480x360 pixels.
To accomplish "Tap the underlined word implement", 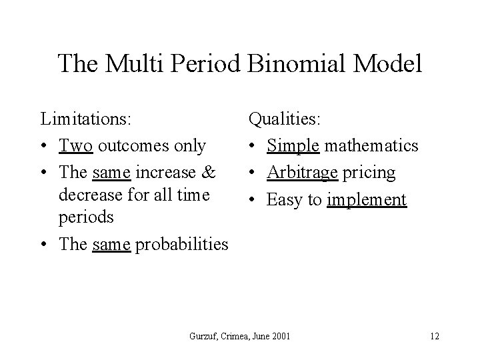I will (x=367, y=199).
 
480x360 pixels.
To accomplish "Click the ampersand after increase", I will (x=209, y=173).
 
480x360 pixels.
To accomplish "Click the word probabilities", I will (x=182, y=245).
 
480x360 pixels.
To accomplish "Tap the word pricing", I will (x=370, y=173).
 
